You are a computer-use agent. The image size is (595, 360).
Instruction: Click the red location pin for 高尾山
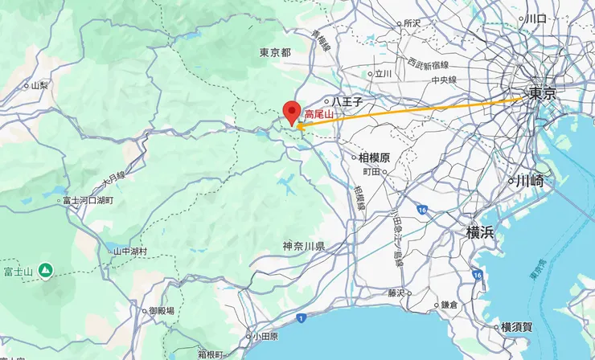pyautogui.click(x=292, y=111)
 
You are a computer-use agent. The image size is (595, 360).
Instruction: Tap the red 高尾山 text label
pyautogui.click(x=318, y=116)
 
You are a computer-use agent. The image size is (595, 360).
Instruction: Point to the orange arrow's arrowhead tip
pyautogui.click(x=297, y=126)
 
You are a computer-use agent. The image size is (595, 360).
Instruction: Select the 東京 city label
pyautogui.click(x=542, y=94)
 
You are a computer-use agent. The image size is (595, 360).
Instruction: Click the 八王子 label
pyautogui.click(x=347, y=103)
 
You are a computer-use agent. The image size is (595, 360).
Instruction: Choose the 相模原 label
pyautogui.click(x=374, y=157)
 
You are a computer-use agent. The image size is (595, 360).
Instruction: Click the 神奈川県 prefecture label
pyautogui.click(x=304, y=246)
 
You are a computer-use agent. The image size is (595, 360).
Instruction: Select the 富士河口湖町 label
pyautogui.click(x=88, y=200)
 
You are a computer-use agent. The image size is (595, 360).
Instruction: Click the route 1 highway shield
pyautogui.click(x=300, y=319)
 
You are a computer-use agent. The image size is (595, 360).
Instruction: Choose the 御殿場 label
pyautogui.click(x=162, y=311)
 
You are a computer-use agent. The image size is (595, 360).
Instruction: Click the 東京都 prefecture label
pyautogui.click(x=275, y=53)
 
